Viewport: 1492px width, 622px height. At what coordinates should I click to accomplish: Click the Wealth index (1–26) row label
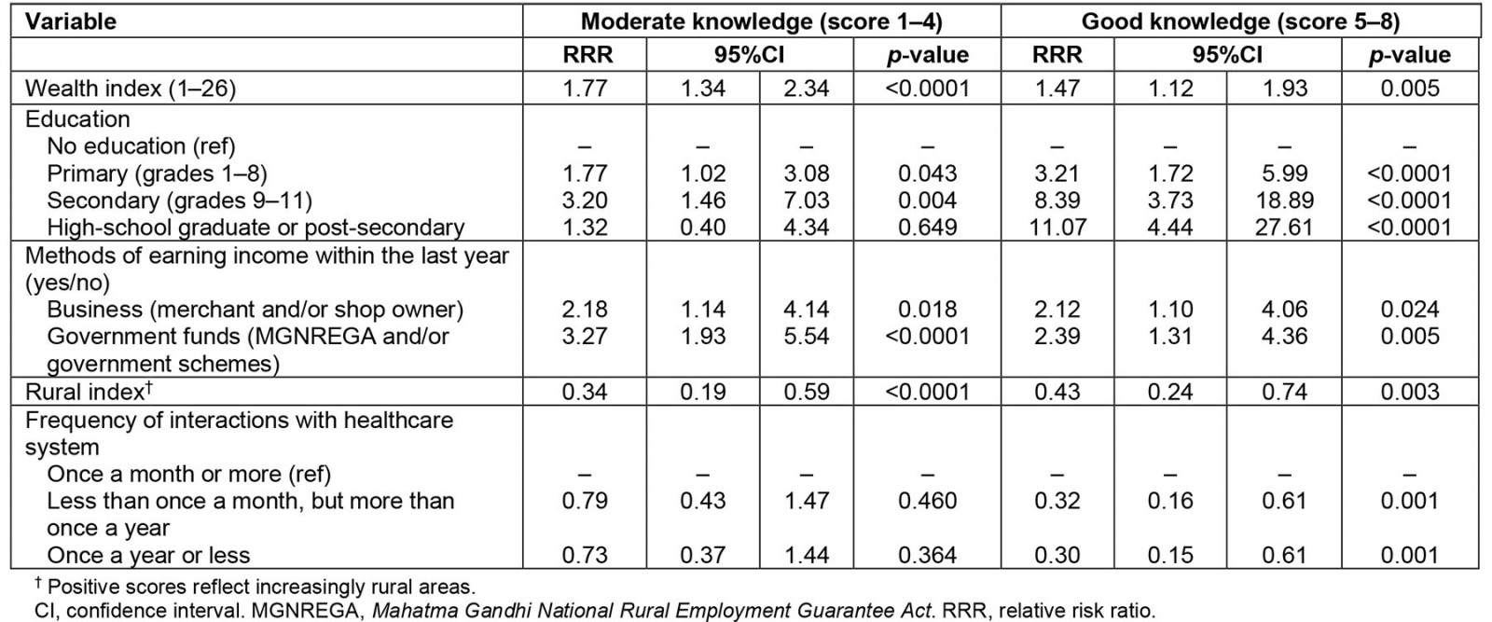coord(131,89)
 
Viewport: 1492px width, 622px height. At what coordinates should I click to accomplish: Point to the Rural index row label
coord(85,392)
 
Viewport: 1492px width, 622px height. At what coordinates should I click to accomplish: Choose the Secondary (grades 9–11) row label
coord(179,200)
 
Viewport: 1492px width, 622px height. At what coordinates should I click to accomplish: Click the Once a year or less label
coord(148,556)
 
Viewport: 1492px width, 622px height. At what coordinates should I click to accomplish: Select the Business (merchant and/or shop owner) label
coord(255,310)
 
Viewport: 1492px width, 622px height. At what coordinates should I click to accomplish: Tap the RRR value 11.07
coord(1057,228)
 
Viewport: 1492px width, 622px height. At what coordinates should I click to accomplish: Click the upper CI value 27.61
coord(1284,228)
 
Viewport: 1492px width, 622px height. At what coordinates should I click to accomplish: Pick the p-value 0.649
coord(927,228)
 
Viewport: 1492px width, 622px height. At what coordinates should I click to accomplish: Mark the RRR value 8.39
coord(1057,200)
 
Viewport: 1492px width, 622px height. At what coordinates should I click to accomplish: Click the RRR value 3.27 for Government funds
coord(585,337)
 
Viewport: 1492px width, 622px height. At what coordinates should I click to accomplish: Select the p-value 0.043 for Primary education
coord(927,173)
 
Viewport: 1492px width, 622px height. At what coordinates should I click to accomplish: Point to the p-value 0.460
coord(927,502)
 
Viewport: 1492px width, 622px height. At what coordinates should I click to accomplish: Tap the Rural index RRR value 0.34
coord(585,392)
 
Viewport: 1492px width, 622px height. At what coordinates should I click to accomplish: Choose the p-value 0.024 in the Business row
coord(1409,310)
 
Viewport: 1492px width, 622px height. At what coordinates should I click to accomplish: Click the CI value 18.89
coord(1284,200)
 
